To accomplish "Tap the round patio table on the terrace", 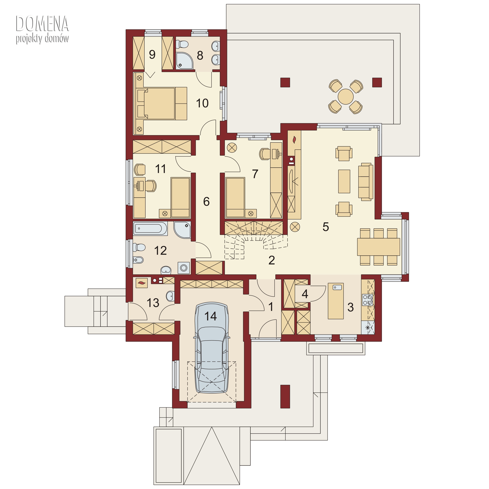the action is (x=346, y=96).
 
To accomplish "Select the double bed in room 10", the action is (x=161, y=104).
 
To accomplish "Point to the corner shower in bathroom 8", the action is (x=184, y=60).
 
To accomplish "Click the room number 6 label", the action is (x=206, y=201).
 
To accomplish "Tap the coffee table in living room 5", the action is (x=344, y=181).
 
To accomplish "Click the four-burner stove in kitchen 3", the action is (x=368, y=300).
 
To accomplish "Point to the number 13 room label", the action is (x=153, y=303).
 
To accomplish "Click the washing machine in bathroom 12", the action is (x=184, y=267).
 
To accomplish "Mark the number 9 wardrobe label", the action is (x=152, y=54).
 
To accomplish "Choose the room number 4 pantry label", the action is (x=305, y=294).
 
